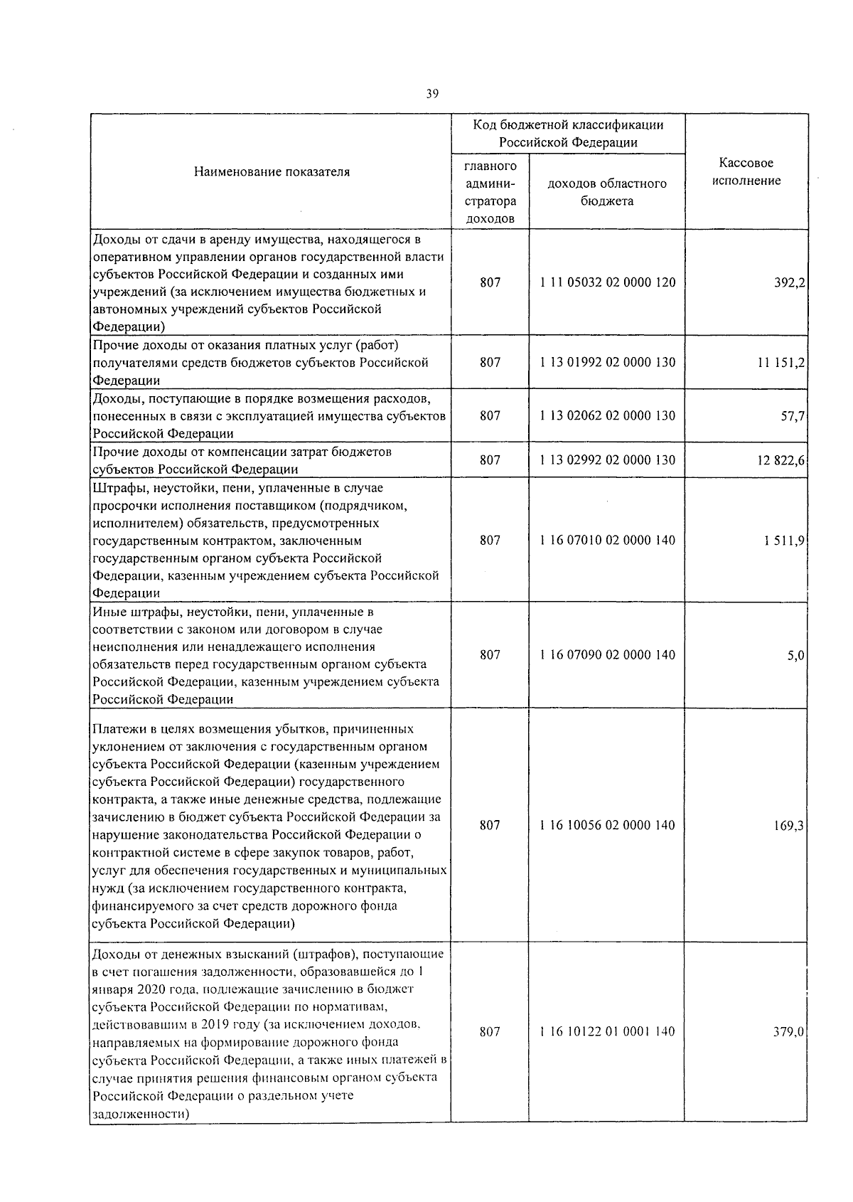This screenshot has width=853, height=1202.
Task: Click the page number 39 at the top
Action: point(432,93)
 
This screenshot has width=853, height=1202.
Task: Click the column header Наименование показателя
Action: point(272,171)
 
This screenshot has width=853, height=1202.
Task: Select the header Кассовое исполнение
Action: point(746,171)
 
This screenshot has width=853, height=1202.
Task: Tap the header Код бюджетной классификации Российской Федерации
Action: point(568,133)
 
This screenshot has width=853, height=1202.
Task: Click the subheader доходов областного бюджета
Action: point(606,192)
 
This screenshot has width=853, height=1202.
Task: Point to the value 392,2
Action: point(789,282)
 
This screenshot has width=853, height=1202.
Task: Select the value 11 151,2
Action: point(780,363)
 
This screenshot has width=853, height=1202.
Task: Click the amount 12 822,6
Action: point(780,460)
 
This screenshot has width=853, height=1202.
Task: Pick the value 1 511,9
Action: point(785,541)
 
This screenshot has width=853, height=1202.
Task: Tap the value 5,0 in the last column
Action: point(795,655)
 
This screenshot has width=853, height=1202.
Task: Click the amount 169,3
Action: point(789,826)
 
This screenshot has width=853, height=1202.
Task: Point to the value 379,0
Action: point(789,1032)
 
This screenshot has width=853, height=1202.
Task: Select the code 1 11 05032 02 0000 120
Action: point(607,282)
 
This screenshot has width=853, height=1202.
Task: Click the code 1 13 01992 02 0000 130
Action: point(607,363)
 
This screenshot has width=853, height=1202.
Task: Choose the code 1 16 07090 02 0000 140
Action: point(607,655)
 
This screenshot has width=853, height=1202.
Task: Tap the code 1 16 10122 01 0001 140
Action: point(607,1032)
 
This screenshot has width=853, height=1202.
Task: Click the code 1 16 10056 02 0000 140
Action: point(607,826)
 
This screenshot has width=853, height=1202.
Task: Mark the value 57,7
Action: point(793,416)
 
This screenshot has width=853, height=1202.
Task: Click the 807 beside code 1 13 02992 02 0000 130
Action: point(490,460)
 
